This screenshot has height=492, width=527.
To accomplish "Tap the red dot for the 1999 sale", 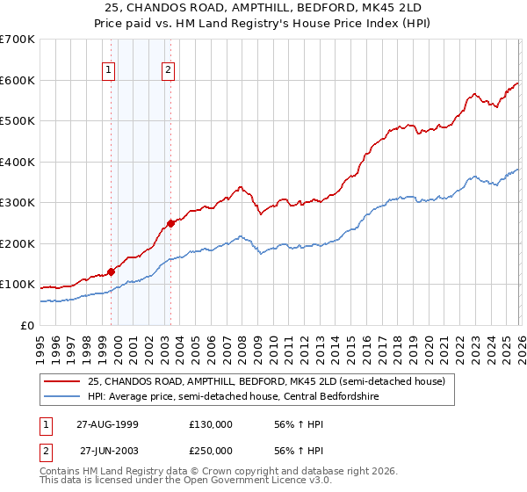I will [112, 271].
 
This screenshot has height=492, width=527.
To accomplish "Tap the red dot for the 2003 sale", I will [170, 223].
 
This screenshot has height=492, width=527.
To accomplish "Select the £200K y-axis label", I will [17, 243].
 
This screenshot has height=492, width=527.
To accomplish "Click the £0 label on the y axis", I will [26, 325].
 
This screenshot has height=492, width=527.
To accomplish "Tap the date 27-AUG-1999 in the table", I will [109, 423].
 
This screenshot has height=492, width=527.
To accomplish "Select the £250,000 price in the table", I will [210, 450].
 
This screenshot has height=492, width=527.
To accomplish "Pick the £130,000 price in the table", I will [210, 423].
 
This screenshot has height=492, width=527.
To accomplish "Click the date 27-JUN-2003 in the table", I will [109, 450].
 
